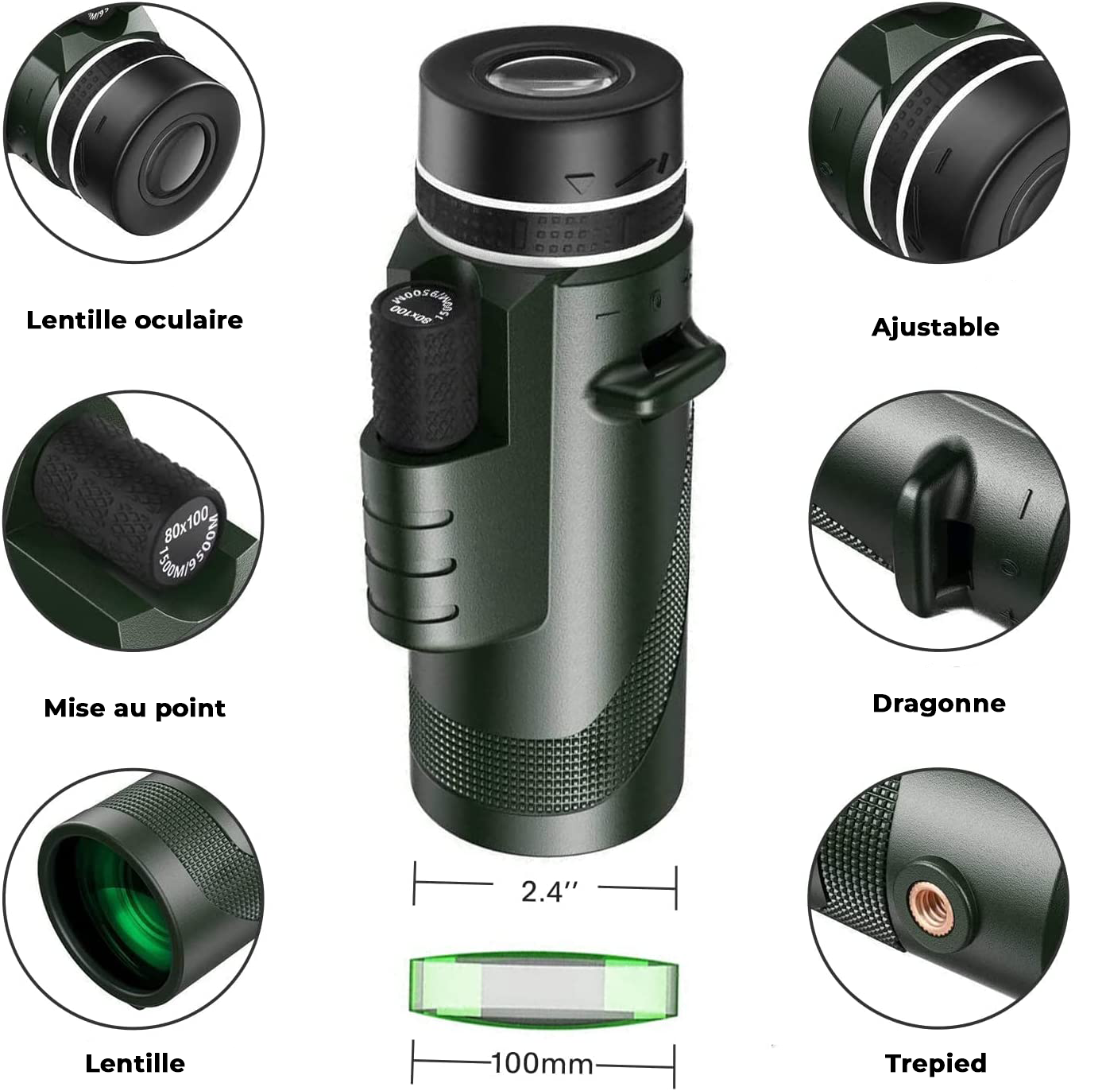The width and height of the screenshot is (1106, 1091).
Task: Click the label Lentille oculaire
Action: pyautogui.click(x=134, y=320)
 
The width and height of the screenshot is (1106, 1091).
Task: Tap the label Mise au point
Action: pyautogui.click(x=134, y=708)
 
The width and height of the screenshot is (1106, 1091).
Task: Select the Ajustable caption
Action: pyautogui.click(x=935, y=327)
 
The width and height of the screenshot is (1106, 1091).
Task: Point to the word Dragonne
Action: pyautogui.click(x=938, y=703)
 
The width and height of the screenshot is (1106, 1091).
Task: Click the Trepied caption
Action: pyautogui.click(x=935, y=1062)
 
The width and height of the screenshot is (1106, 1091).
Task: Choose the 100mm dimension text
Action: pyautogui.click(x=543, y=1063)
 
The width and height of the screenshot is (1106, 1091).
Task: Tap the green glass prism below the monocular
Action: pyautogui.click(x=544, y=988)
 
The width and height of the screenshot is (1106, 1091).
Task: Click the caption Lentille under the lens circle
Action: pyautogui.click(x=134, y=1062)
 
